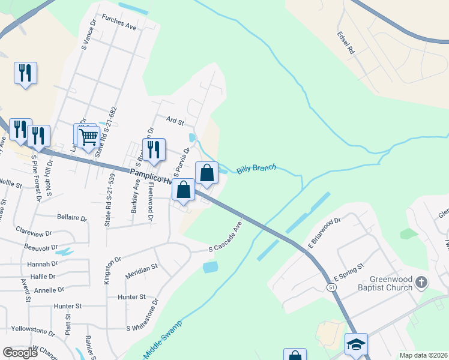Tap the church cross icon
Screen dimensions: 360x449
click(x=421, y=282)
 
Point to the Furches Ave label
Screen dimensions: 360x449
click(x=119, y=22)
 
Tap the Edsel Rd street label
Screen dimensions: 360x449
click(x=346, y=44)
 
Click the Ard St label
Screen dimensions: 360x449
click(x=175, y=121)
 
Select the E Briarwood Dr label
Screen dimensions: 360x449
click(x=324, y=233)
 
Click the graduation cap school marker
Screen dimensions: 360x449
click(x=356, y=345)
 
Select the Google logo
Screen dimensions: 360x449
click(x=20, y=353)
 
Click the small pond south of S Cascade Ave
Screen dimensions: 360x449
click(x=211, y=267)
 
